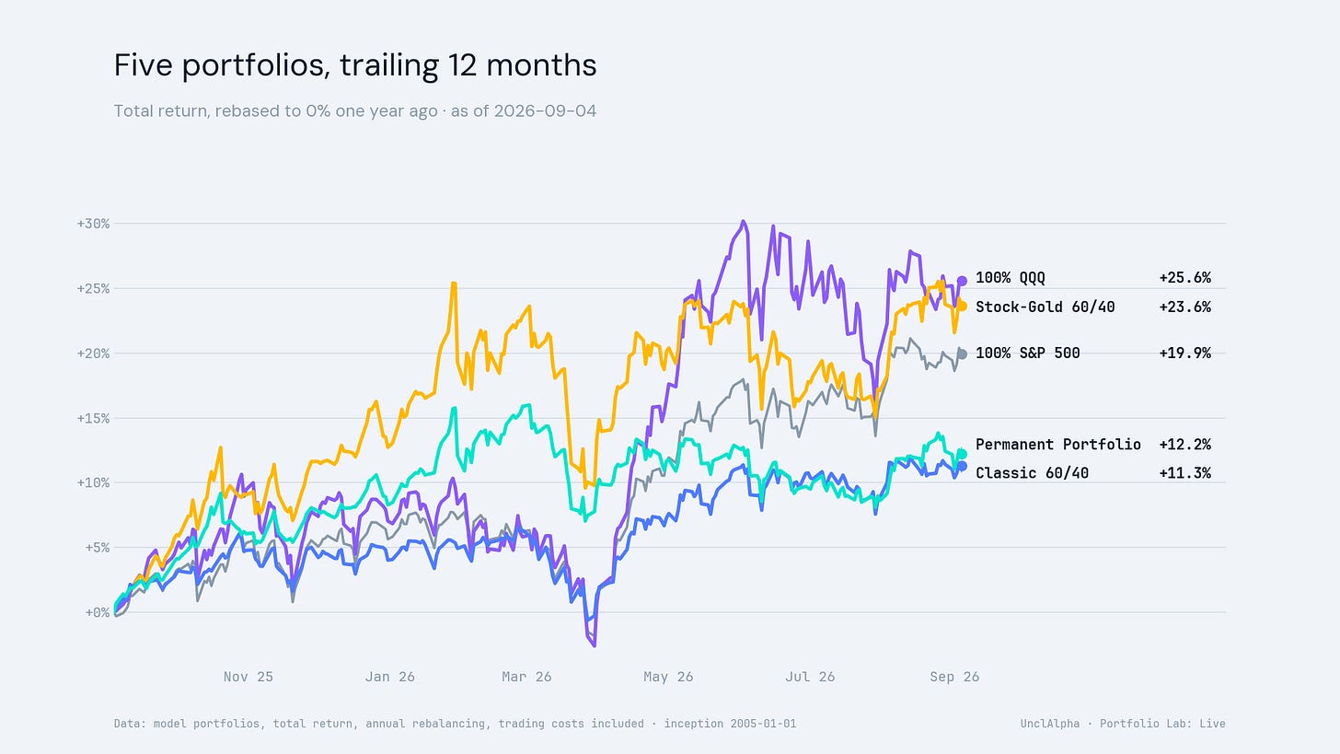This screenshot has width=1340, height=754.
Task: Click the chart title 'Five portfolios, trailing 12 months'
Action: tap(355, 66)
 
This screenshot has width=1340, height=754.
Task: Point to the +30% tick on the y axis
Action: tap(93, 224)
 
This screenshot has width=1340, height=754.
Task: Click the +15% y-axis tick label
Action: tap(93, 418)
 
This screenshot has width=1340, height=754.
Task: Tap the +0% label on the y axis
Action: tap(98, 613)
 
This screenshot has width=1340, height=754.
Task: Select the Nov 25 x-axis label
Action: tap(248, 677)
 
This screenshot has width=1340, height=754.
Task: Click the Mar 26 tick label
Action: tap(526, 677)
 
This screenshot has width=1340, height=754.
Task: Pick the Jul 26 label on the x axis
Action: tap(810, 677)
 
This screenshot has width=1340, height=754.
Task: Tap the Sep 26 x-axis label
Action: tap(954, 677)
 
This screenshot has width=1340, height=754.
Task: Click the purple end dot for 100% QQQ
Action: tap(962, 281)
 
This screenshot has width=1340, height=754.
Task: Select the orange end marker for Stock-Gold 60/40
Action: tap(962, 307)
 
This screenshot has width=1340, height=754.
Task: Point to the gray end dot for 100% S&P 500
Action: tap(962, 354)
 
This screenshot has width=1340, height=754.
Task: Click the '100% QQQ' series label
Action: tap(1011, 278)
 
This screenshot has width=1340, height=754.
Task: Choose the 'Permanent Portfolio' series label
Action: tap(1058, 445)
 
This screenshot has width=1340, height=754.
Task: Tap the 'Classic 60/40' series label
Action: tap(1032, 473)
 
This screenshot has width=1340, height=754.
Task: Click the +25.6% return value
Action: tap(1185, 278)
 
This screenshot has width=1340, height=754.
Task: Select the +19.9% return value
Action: tap(1185, 354)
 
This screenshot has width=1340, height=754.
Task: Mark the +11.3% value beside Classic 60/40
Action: tap(1185, 473)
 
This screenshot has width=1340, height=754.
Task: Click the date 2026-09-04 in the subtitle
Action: tap(545, 111)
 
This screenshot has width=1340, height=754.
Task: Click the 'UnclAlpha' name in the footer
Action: tap(1050, 724)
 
